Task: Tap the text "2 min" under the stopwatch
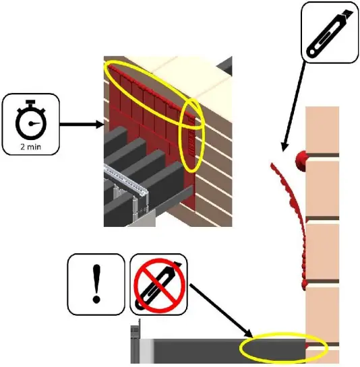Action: tap(31, 143)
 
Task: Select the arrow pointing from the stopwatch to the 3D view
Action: tap(81, 124)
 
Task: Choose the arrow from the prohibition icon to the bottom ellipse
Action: tap(222, 310)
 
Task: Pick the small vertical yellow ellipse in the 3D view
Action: tap(192, 135)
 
